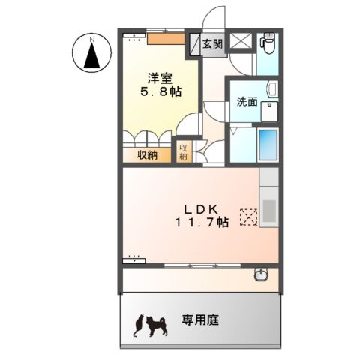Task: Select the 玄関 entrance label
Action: tap(212, 43)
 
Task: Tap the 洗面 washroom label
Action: tap(248, 101)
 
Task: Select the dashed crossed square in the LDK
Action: tap(247, 217)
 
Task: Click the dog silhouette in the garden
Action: tap(156, 324)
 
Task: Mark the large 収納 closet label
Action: tap(147, 155)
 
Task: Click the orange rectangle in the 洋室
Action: tap(165, 38)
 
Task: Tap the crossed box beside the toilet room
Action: tap(241, 43)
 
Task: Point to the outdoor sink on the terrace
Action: tap(260, 275)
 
